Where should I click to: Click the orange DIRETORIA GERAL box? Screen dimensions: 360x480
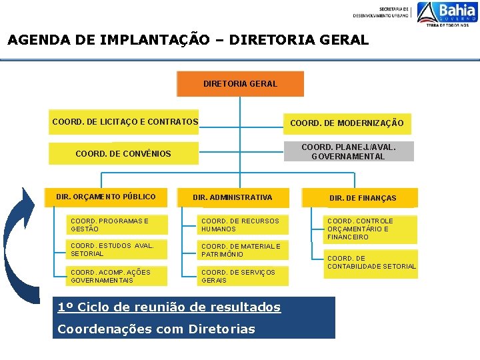(x=240, y=84)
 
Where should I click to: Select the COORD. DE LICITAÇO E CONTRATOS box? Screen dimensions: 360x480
(x=125, y=122)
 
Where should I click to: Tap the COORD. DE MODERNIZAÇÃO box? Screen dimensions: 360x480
(x=347, y=123)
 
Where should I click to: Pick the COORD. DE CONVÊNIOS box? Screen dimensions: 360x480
(x=123, y=153)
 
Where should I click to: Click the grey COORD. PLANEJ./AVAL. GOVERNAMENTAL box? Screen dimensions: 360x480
(x=348, y=151)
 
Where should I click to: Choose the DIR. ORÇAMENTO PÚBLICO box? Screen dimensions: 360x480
(x=107, y=197)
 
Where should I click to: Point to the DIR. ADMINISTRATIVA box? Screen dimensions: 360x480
(x=232, y=197)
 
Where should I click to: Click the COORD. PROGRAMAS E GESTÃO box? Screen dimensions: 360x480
(x=118, y=225)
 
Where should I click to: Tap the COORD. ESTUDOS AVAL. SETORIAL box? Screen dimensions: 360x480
(x=118, y=250)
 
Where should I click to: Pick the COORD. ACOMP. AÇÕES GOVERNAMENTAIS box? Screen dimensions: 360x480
(x=118, y=276)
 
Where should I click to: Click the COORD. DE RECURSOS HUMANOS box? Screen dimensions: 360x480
(x=243, y=225)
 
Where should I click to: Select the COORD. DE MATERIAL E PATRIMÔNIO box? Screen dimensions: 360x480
(x=243, y=250)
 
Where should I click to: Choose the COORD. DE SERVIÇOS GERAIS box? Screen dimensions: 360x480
(x=243, y=276)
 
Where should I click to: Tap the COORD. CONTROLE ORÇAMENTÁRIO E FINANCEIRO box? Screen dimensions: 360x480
(x=370, y=229)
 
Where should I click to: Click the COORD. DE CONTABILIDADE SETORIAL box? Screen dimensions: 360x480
(x=371, y=263)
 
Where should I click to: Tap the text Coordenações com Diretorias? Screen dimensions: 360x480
(x=157, y=329)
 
